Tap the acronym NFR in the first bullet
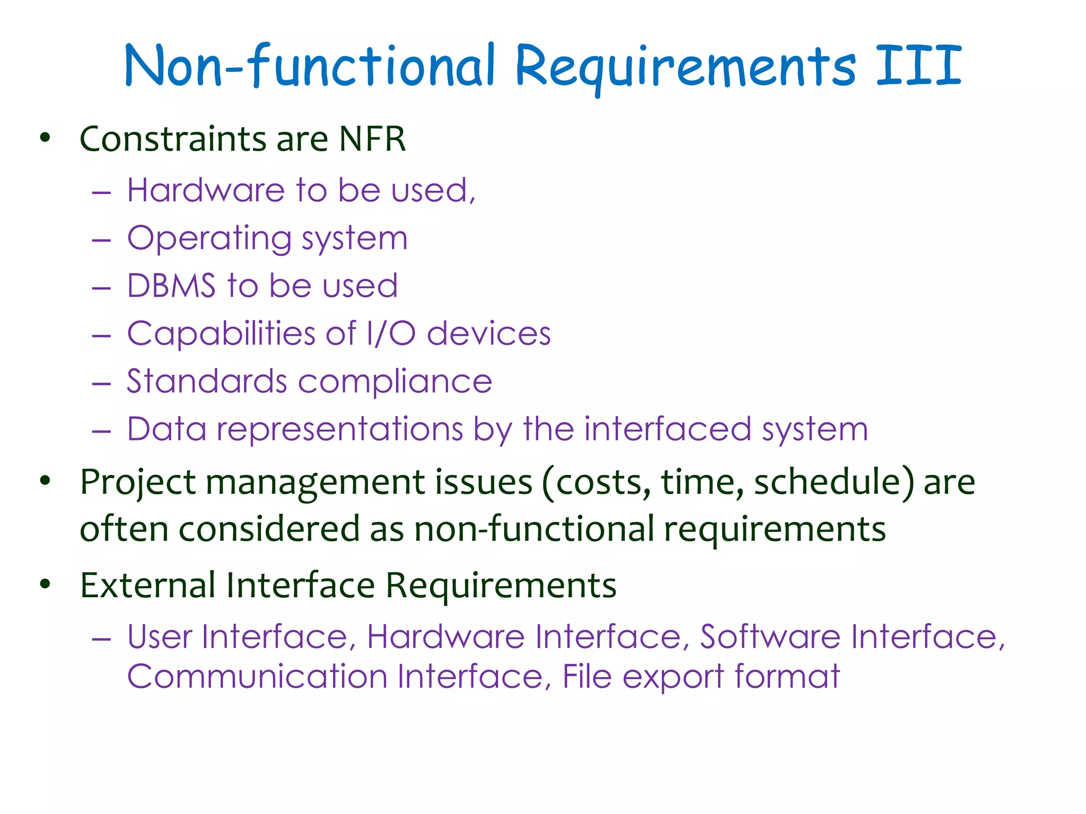(372, 139)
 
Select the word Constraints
(173, 139)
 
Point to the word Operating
(209, 238)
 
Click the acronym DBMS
(171, 286)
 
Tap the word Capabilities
(221, 333)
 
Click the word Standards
(207, 381)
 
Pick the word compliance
(395, 381)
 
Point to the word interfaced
(668, 429)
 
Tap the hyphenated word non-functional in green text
(534, 529)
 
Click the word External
(147, 585)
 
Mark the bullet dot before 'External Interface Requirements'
(45, 585)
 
